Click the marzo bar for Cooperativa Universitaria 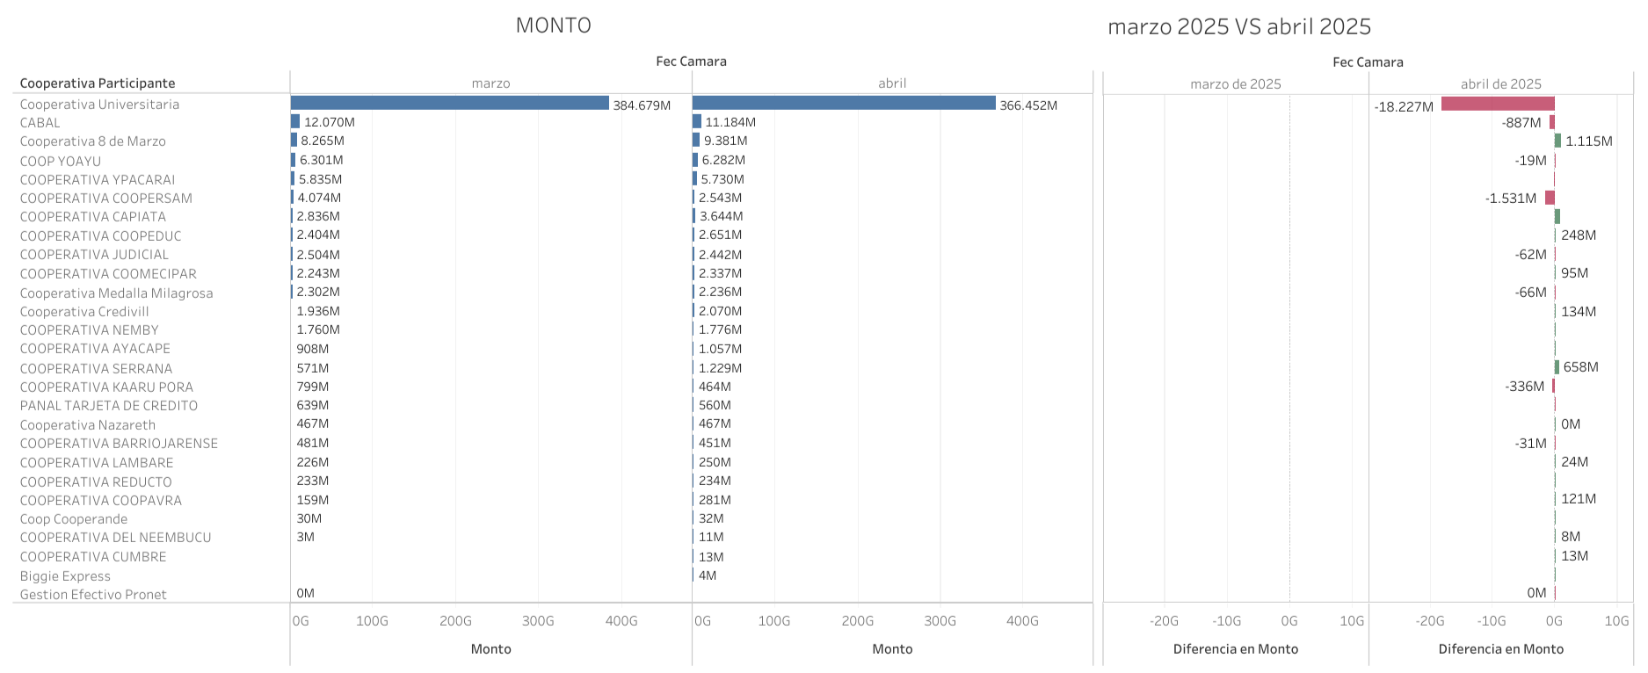[449, 104]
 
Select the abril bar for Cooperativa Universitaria [844, 104]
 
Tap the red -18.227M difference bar [1498, 105]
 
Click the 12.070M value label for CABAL [330, 122]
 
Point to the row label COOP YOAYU [61, 161]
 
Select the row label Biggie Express [65, 576]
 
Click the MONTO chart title [553, 25]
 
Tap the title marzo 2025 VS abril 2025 [1238, 26]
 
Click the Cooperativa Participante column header [98, 83]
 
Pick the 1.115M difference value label [1588, 141]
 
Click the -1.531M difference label [1510, 199]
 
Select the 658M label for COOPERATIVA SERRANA [1580, 367]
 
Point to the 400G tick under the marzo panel [621, 621]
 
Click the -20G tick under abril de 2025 [1429, 621]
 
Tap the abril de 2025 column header [1500, 84]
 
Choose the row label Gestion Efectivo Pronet [93, 595]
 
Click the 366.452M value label [1028, 105]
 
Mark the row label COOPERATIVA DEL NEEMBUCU [115, 538]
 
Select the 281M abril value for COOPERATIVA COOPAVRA [715, 500]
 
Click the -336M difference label [1524, 387]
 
